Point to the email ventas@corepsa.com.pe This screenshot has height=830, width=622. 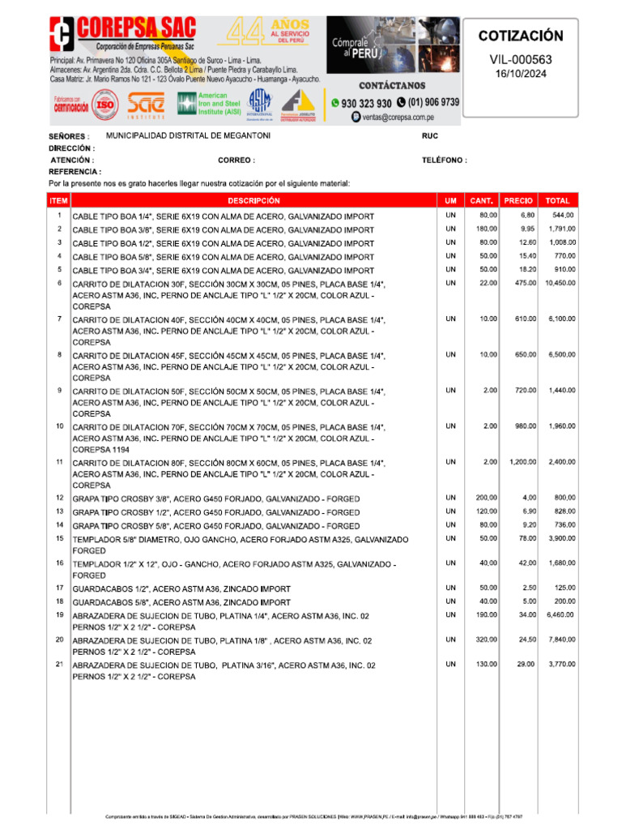pos(403,117)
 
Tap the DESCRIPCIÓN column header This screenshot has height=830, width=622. pos(253,200)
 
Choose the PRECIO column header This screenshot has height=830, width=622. pos(518,200)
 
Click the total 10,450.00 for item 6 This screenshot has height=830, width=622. pos(560,283)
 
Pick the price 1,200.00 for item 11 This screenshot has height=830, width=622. pos(522,461)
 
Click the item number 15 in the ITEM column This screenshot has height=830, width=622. pos(59,538)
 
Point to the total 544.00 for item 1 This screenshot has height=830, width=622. pos(564,215)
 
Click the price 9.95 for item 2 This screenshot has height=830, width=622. pos(527,229)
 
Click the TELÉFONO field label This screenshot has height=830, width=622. pos(444,160)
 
